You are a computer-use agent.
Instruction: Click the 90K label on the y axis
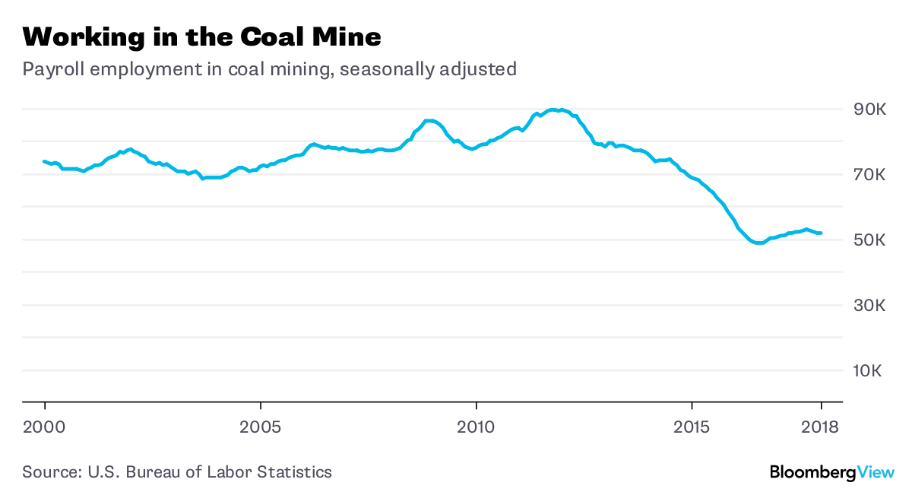871,110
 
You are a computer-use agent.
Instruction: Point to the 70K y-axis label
871,176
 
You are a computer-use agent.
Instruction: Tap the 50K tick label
871,241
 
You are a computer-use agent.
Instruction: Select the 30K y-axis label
871,306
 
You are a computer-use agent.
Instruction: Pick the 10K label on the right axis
871,372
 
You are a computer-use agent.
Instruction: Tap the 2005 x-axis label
261,427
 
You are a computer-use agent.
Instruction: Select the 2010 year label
477,427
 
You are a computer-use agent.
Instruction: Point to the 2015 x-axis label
692,427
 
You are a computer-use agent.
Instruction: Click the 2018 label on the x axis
821,427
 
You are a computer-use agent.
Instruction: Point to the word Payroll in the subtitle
47,70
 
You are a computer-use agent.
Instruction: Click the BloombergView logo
831,472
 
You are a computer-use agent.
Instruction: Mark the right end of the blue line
821,233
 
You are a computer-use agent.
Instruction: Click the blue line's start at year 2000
45,161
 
